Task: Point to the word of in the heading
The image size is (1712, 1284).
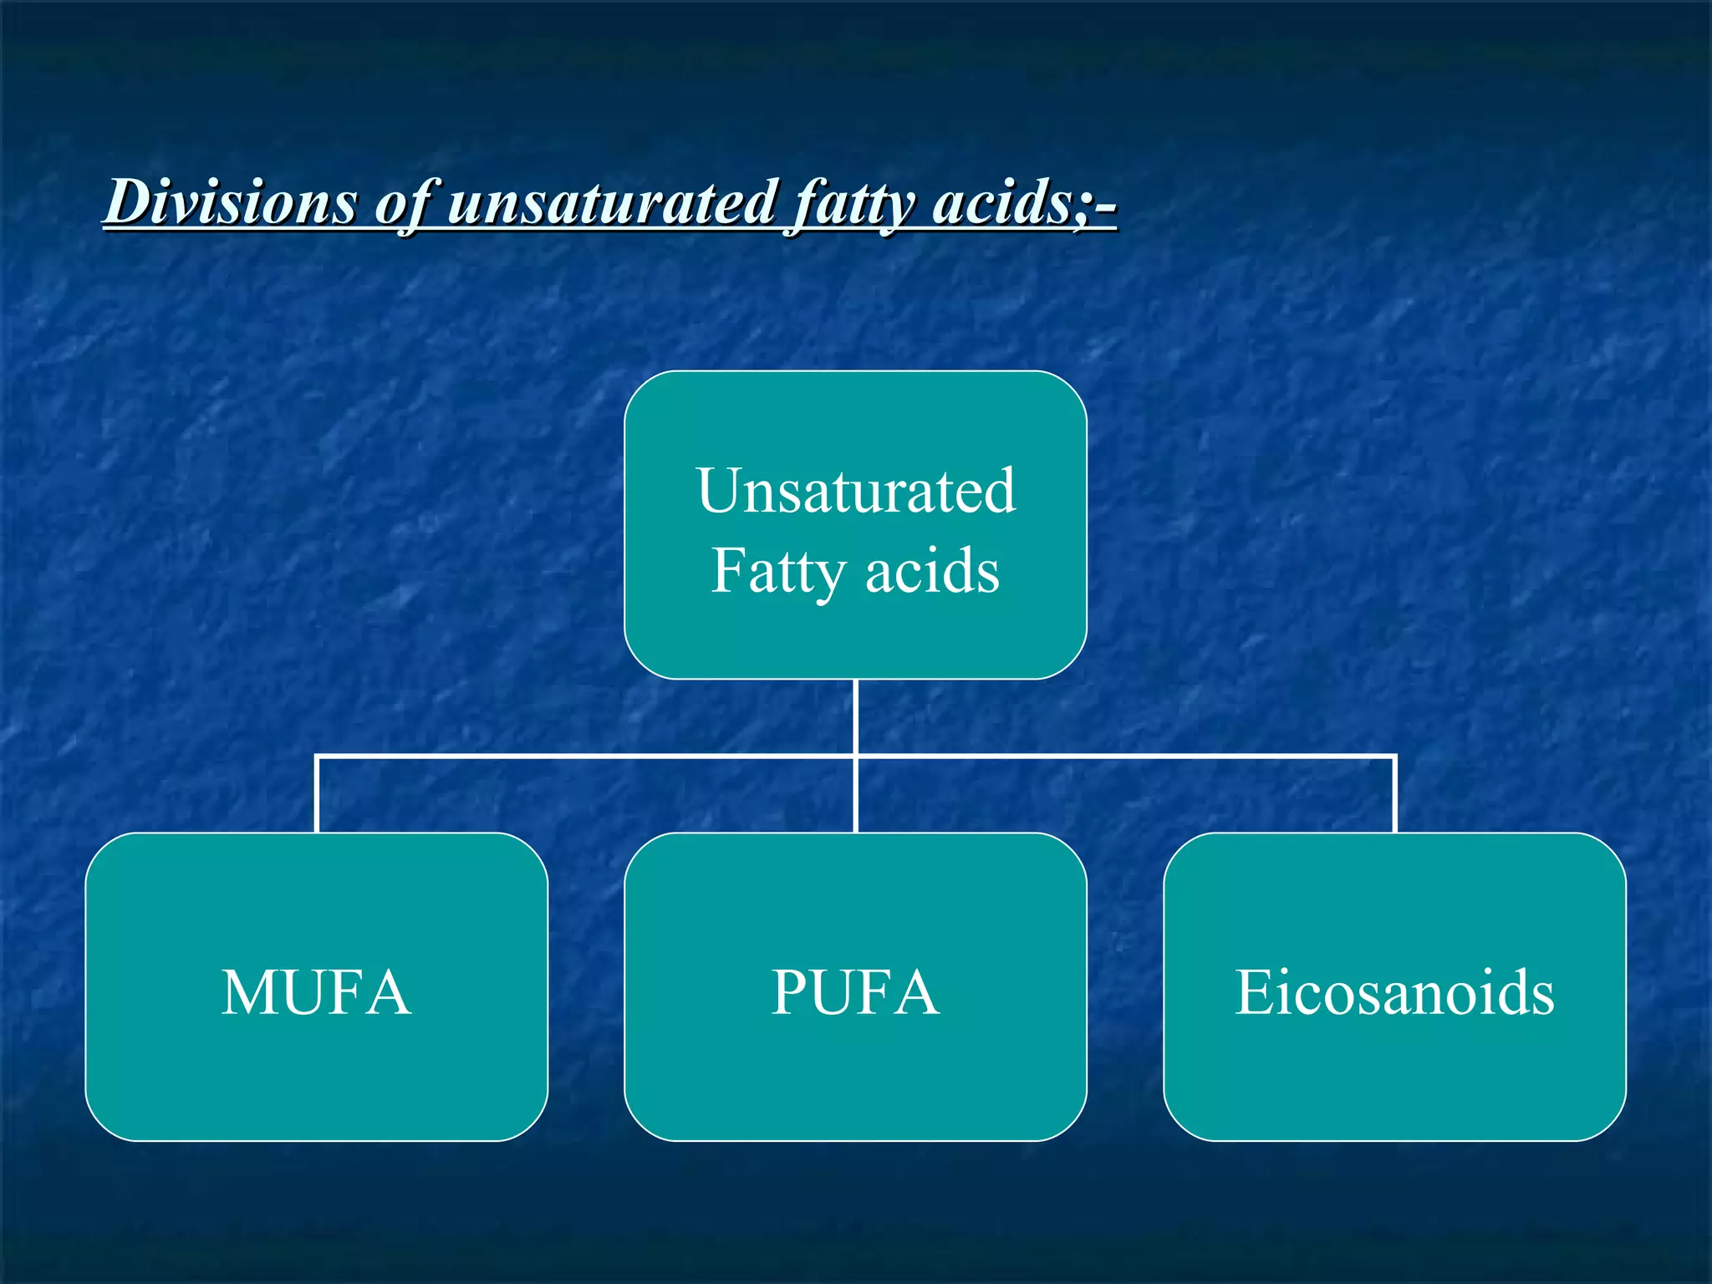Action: [405, 203]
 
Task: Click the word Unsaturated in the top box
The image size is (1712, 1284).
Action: [856, 491]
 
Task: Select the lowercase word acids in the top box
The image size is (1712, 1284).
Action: [932, 572]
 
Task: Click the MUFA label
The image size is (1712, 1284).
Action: [316, 992]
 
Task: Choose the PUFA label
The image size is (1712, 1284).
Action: [855, 992]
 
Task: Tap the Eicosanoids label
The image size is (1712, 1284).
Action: [1394, 992]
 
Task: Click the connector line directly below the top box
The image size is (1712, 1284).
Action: [856, 716]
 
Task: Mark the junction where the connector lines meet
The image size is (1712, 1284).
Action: [856, 757]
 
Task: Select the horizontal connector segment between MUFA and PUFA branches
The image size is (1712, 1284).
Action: [585, 757]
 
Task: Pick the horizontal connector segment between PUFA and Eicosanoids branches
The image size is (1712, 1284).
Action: [1124, 757]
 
